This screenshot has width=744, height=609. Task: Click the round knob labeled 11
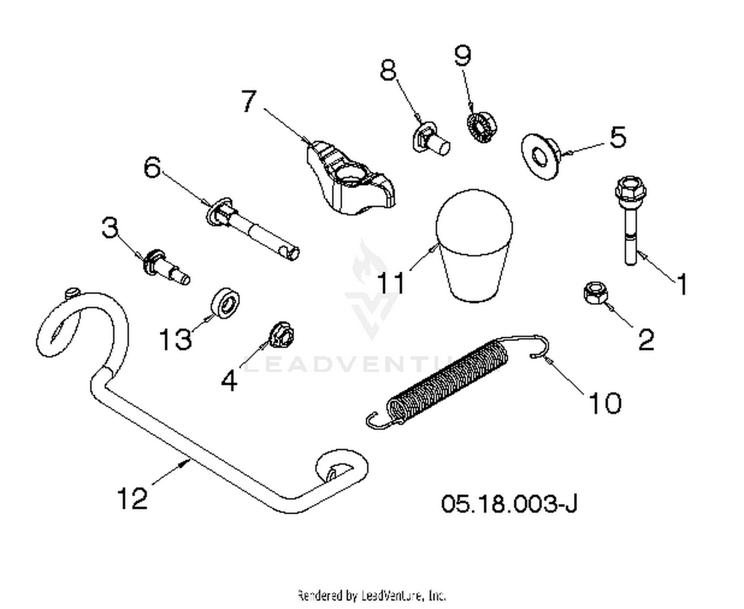coord(474,246)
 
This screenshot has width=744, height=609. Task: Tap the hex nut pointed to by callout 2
coord(596,293)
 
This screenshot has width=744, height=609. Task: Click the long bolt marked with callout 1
coord(630,221)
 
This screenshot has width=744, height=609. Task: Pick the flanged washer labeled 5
coord(541,156)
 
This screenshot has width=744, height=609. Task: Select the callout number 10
coord(605,403)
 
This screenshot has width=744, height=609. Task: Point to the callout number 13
coord(175,339)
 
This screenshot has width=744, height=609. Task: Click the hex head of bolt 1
coord(630,188)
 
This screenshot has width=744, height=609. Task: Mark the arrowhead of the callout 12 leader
coord(184,463)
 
